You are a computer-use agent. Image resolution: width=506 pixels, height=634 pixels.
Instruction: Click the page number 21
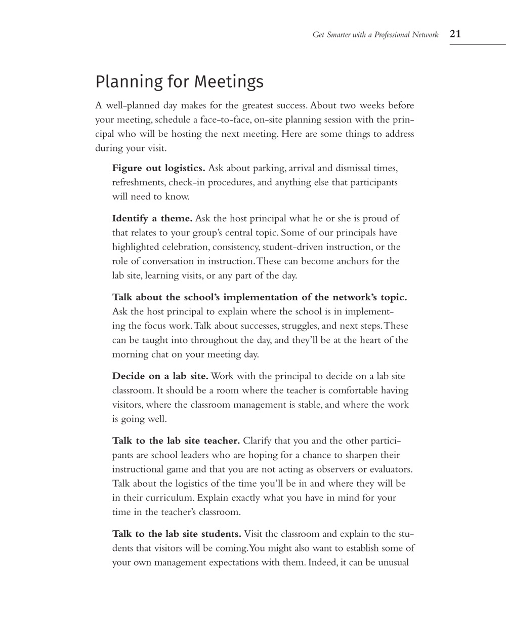coord(455,34)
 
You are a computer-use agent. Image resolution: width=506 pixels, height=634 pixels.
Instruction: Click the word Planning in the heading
coord(129,82)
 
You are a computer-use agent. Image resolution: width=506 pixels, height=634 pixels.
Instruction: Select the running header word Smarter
coord(339,35)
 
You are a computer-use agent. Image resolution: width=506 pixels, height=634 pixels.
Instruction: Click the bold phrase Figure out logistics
coord(159,168)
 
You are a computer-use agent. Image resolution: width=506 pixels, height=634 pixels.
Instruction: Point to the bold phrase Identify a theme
coord(152,218)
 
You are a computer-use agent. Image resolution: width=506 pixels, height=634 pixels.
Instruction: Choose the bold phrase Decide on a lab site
coord(160,376)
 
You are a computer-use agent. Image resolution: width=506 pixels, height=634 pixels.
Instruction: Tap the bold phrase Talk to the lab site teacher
coord(176,441)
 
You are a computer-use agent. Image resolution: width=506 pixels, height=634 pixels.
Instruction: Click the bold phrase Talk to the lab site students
coord(177,534)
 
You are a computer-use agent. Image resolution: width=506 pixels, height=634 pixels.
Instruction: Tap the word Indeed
coord(321,563)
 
